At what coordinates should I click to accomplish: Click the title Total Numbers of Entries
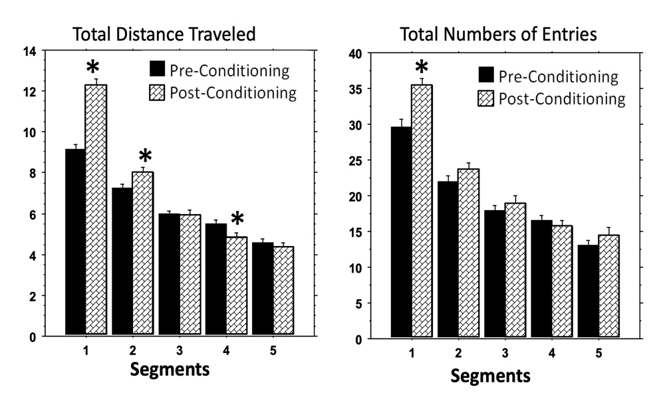point(489,35)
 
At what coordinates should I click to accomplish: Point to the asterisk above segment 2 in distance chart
point(146,157)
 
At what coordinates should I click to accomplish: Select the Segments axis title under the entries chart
point(491,376)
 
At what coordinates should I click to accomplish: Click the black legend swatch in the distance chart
point(157,69)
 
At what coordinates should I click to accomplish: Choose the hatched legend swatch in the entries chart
point(485,99)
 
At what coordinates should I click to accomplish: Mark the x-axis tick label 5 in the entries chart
point(598,354)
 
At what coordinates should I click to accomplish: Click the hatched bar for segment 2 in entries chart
point(468,253)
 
